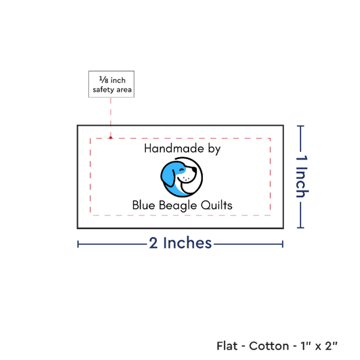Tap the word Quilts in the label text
(217, 205)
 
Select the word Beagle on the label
(178, 206)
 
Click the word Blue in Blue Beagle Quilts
(143, 205)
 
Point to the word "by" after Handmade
(215, 149)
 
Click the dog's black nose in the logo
(194, 170)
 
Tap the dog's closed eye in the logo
(182, 170)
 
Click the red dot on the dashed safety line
(111, 137)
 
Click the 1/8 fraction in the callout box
(103, 80)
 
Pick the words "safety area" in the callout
(112, 90)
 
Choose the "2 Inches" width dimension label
(180, 243)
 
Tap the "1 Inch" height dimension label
(302, 176)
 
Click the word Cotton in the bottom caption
(269, 346)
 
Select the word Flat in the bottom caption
(227, 346)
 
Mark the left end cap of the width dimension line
(78, 244)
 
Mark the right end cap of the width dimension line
(283, 244)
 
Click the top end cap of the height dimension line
(300, 126)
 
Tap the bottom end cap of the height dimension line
(300, 228)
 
